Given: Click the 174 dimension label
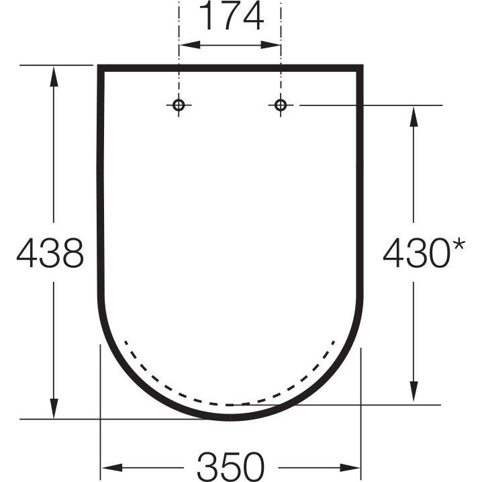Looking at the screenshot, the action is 231,15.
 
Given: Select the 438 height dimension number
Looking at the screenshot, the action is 50,252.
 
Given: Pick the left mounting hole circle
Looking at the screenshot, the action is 179,105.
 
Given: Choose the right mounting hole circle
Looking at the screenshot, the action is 281,105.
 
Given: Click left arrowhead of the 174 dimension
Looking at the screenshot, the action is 190,45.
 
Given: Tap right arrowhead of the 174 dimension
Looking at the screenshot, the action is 271,45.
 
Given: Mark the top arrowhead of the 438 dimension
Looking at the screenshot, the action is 54,77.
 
